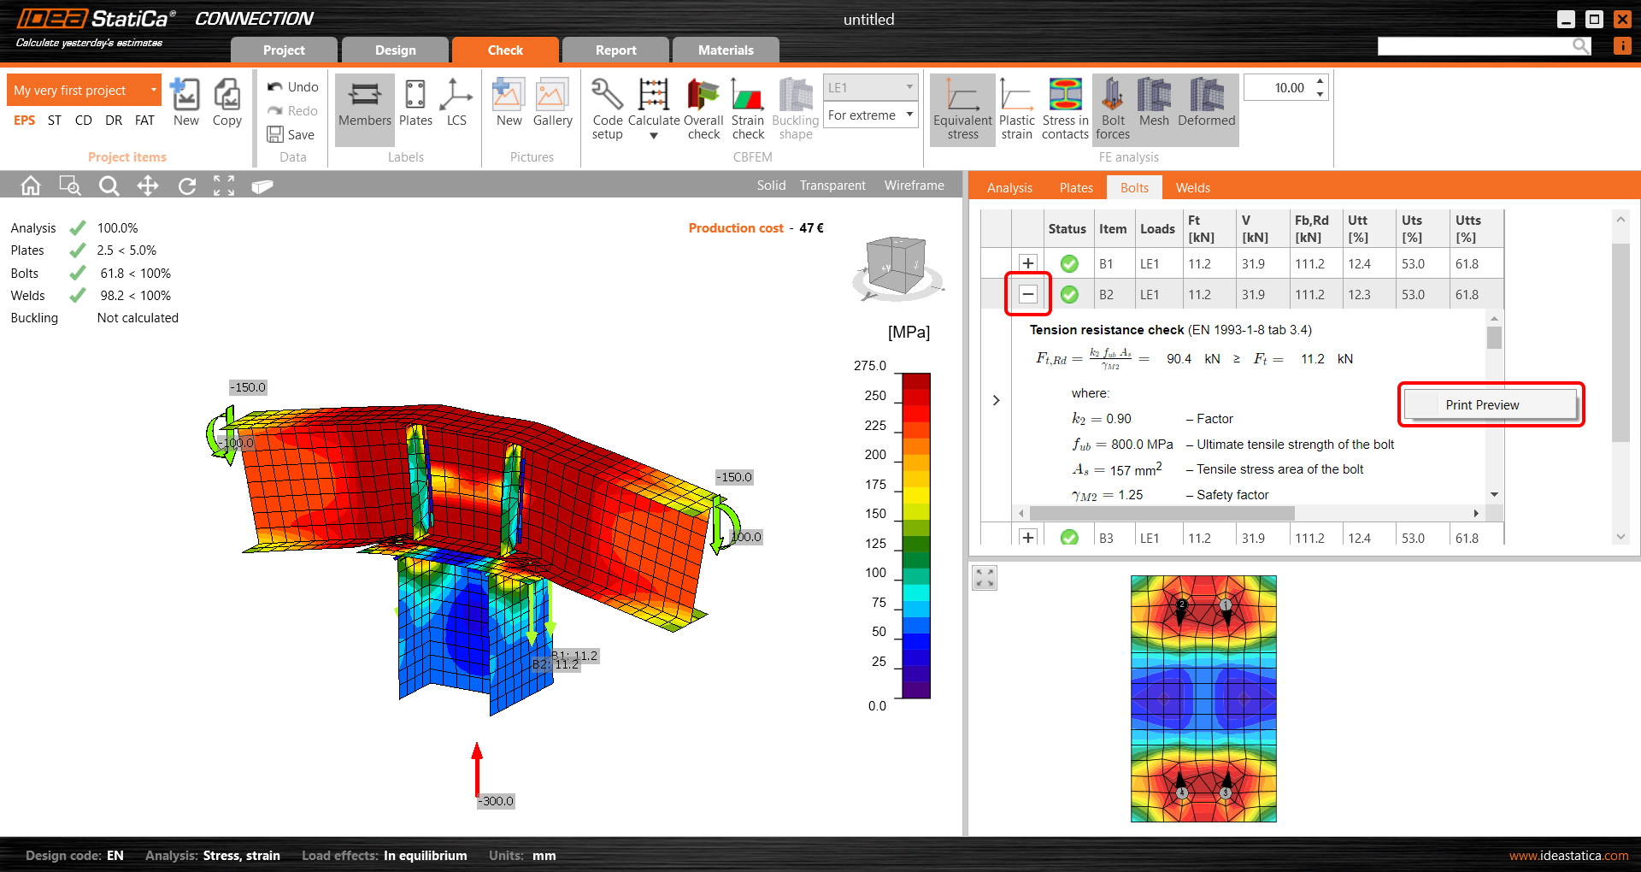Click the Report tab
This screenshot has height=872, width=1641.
tap(615, 50)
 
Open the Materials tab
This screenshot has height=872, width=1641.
tap(725, 50)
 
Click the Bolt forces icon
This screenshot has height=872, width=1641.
tap(1112, 109)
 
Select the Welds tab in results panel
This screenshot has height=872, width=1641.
tap(1192, 188)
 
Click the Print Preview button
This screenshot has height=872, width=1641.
tap(1490, 405)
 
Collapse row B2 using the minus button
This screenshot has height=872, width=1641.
tap(1028, 294)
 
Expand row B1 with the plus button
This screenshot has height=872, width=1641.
tap(1028, 263)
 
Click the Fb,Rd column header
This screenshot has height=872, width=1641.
tap(1311, 228)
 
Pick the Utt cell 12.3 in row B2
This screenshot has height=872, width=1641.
tap(1358, 295)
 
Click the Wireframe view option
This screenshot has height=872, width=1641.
tap(914, 186)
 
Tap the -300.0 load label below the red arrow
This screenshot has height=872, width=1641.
tap(497, 801)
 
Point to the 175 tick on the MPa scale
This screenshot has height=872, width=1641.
tap(875, 485)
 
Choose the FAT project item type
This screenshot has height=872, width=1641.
tap(144, 121)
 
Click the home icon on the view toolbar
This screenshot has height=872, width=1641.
tap(31, 186)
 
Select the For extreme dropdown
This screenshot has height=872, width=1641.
tap(870, 115)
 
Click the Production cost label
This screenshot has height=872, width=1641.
tap(735, 228)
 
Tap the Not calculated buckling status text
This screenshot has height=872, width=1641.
tap(138, 318)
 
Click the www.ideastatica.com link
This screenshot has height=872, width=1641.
tap(1568, 856)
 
